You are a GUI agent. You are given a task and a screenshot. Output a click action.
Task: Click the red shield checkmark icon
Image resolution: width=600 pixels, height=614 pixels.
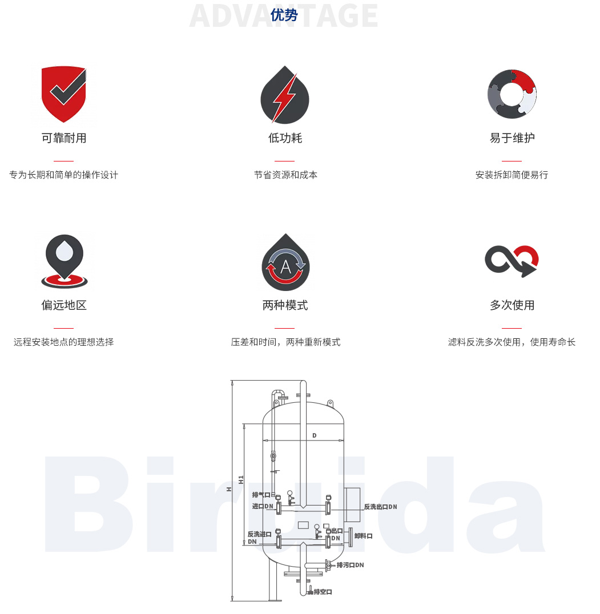[x=64, y=94]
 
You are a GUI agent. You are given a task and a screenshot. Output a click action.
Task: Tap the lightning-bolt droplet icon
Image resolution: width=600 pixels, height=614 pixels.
[x=284, y=95]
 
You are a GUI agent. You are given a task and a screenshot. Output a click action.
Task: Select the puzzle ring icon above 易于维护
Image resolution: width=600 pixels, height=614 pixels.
[x=512, y=94]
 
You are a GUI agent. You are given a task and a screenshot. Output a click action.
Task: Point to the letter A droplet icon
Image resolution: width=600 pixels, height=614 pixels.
[x=285, y=263]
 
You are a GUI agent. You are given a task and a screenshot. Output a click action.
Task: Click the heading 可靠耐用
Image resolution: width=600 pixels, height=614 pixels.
[x=64, y=138]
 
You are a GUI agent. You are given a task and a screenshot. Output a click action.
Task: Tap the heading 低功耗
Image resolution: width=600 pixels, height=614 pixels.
[x=285, y=138]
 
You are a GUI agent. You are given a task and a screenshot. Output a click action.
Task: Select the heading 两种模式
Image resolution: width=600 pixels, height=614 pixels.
[x=285, y=305]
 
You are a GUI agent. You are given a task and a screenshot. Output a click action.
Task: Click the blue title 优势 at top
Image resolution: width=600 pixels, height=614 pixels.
[x=284, y=15]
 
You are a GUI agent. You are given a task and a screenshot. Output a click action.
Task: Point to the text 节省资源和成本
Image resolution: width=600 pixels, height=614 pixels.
[x=285, y=175]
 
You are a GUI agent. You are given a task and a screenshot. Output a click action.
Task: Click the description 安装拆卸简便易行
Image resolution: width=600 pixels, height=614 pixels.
[x=512, y=175]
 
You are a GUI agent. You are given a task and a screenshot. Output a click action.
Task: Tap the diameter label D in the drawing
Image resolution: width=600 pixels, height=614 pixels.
[x=314, y=436]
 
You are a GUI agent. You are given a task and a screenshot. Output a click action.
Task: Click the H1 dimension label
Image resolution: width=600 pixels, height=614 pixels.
[x=241, y=480]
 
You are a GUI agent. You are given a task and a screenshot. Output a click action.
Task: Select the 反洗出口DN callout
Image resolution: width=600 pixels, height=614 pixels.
[x=380, y=507]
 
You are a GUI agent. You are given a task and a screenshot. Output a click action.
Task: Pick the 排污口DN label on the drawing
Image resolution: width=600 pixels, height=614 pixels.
[x=350, y=565]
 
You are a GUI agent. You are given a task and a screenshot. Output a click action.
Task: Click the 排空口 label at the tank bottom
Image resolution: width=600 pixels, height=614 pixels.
[x=323, y=592]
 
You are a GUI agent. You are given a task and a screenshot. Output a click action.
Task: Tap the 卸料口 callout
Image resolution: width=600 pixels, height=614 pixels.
[x=363, y=536]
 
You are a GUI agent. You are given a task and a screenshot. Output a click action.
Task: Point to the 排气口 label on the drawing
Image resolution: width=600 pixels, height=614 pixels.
[x=261, y=495]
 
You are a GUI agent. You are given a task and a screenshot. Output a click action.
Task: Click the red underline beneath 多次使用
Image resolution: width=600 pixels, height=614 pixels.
[x=512, y=328]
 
